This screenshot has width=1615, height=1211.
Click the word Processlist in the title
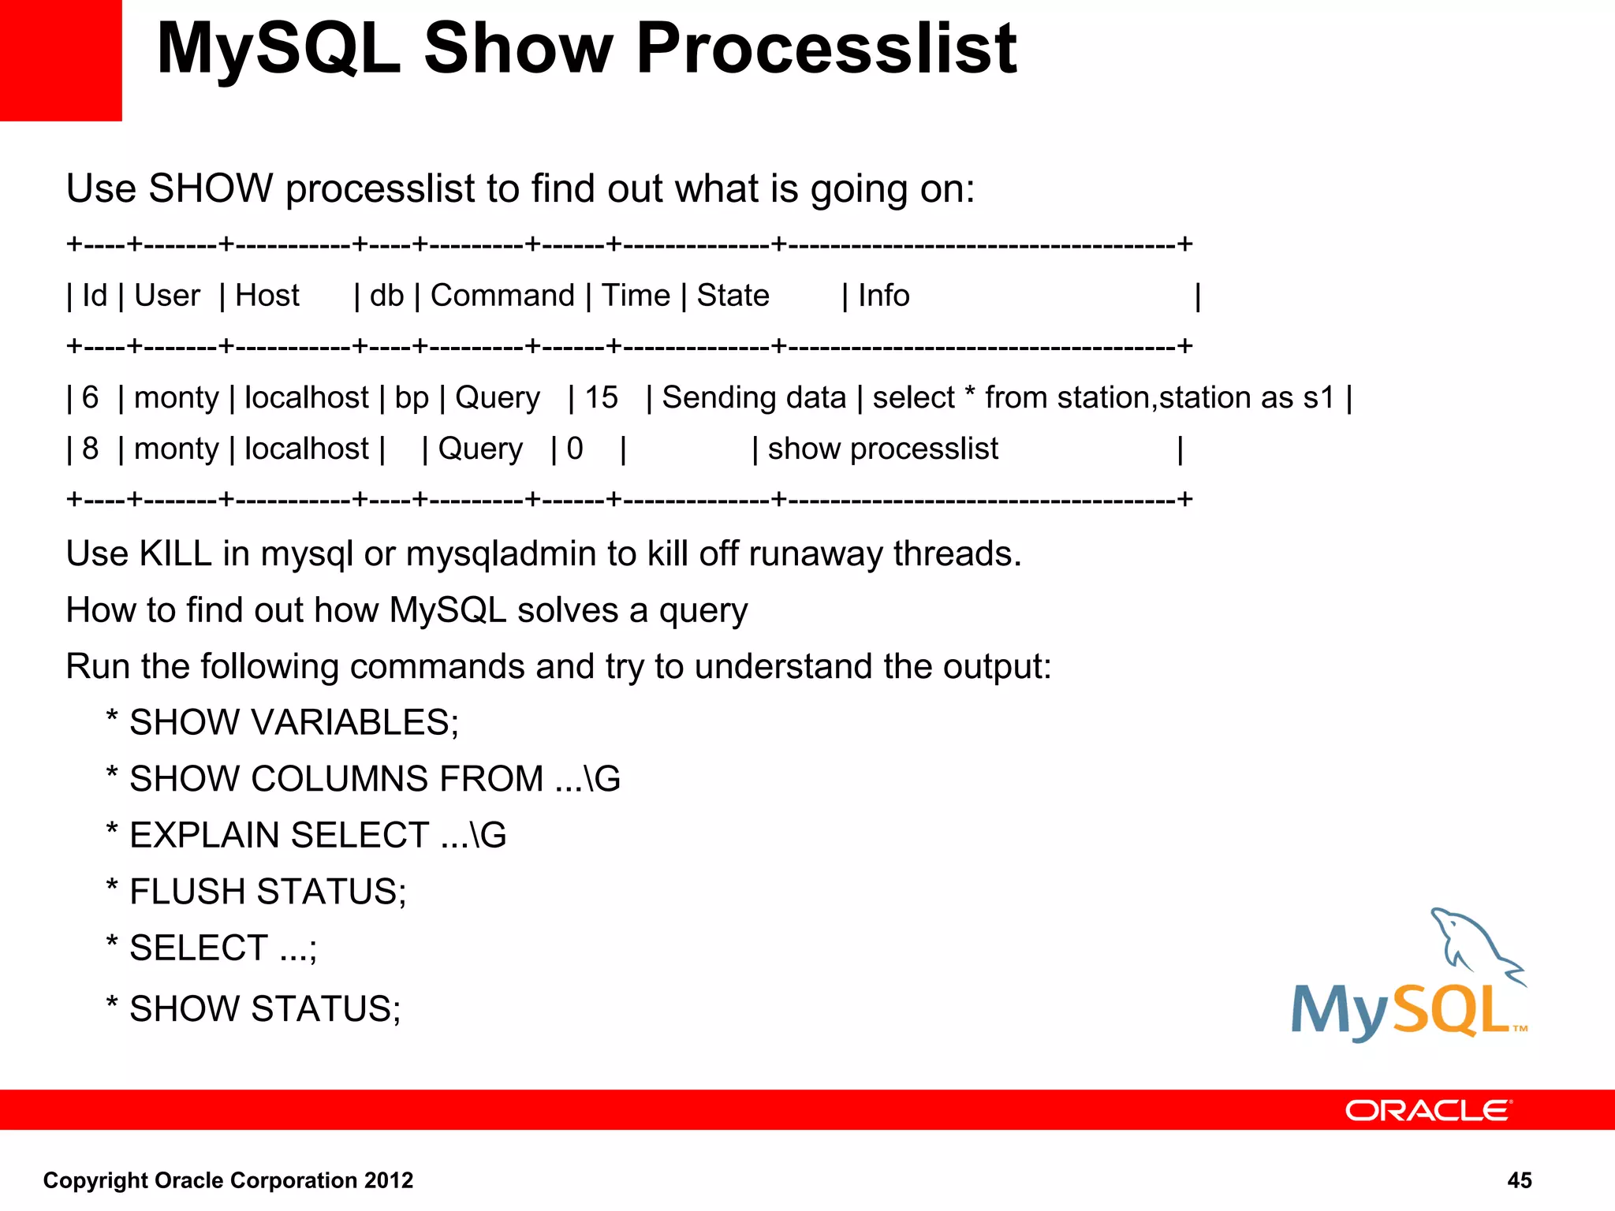826,49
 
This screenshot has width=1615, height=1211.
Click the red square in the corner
60,60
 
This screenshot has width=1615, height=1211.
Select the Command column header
502,296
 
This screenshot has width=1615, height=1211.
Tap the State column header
733,296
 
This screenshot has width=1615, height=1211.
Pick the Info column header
883,296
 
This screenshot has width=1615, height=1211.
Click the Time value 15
601,397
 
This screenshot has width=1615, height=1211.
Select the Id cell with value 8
90,449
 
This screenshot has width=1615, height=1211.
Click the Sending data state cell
753,397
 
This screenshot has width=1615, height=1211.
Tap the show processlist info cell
882,449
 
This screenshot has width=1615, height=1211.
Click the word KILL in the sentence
175,553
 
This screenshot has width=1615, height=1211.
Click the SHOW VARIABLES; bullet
293,722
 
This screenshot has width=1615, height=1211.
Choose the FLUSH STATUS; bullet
267,892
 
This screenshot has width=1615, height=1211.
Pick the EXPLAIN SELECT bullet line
317,835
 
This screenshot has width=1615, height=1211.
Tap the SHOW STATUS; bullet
265,1008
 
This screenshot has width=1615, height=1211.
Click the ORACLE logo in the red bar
1428,1110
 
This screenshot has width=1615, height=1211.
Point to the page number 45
1519,1180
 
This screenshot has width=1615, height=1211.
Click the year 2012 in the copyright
388,1180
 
